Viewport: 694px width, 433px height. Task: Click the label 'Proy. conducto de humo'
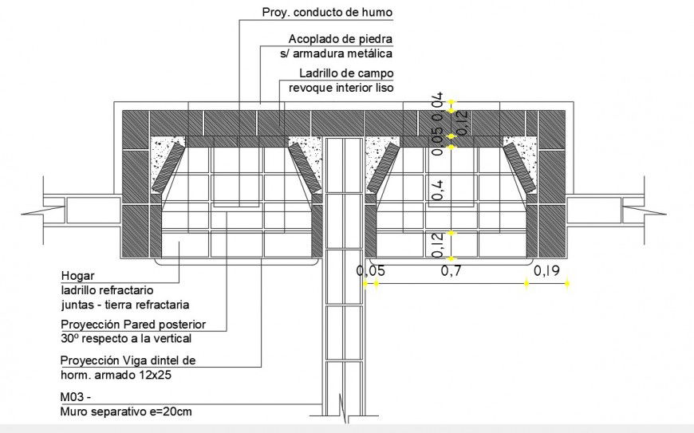tap(327, 12)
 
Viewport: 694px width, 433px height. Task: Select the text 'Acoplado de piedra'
tap(341, 39)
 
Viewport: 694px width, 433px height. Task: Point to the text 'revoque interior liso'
tap(341, 88)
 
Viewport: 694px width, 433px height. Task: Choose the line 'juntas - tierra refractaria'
tap(124, 305)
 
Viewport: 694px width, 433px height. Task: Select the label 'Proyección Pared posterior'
tap(133, 325)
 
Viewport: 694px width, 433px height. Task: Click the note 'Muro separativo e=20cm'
tap(126, 411)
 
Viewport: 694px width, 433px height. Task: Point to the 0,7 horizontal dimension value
tap(451, 271)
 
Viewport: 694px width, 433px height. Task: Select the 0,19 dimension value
tap(546, 271)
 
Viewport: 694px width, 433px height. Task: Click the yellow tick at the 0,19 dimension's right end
tap(568, 283)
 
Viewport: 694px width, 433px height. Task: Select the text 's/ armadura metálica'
tap(336, 53)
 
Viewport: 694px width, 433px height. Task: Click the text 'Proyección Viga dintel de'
tap(128, 360)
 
